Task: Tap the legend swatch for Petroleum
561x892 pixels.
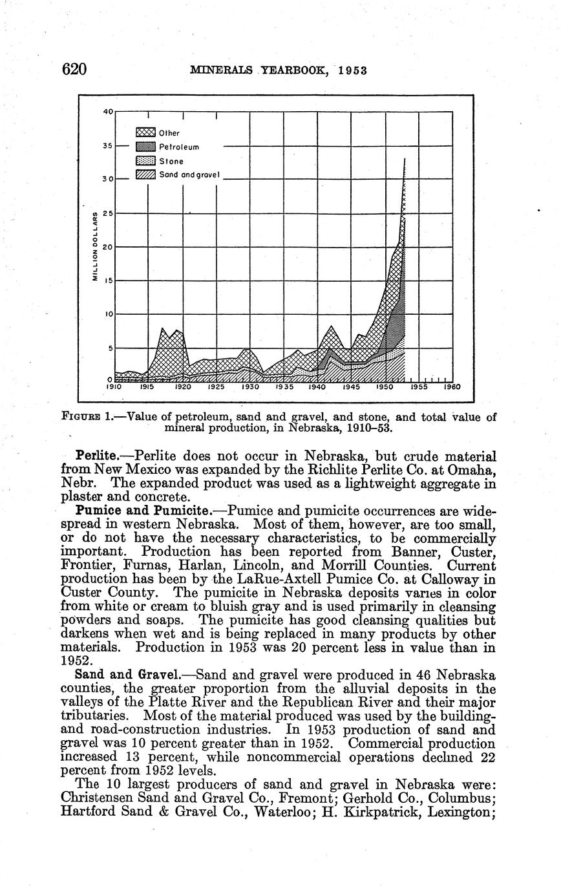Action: [145, 147]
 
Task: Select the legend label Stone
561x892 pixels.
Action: [171, 161]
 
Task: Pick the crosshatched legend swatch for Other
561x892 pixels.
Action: [145, 133]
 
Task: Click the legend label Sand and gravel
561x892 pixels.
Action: [190, 175]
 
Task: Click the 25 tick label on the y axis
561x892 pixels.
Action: [108, 213]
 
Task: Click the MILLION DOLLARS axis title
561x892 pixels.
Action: [94, 246]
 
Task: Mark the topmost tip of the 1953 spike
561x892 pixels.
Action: [405, 158]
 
